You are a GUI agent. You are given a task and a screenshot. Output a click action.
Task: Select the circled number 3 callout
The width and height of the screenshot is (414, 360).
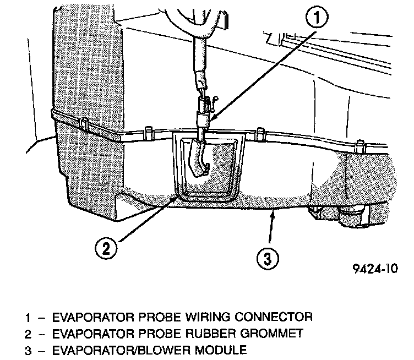tap(266, 258)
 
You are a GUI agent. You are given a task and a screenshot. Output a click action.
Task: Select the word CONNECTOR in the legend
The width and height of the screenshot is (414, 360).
tap(273, 318)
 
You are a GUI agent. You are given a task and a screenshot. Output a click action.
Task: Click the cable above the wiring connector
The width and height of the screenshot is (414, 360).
tap(198, 55)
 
